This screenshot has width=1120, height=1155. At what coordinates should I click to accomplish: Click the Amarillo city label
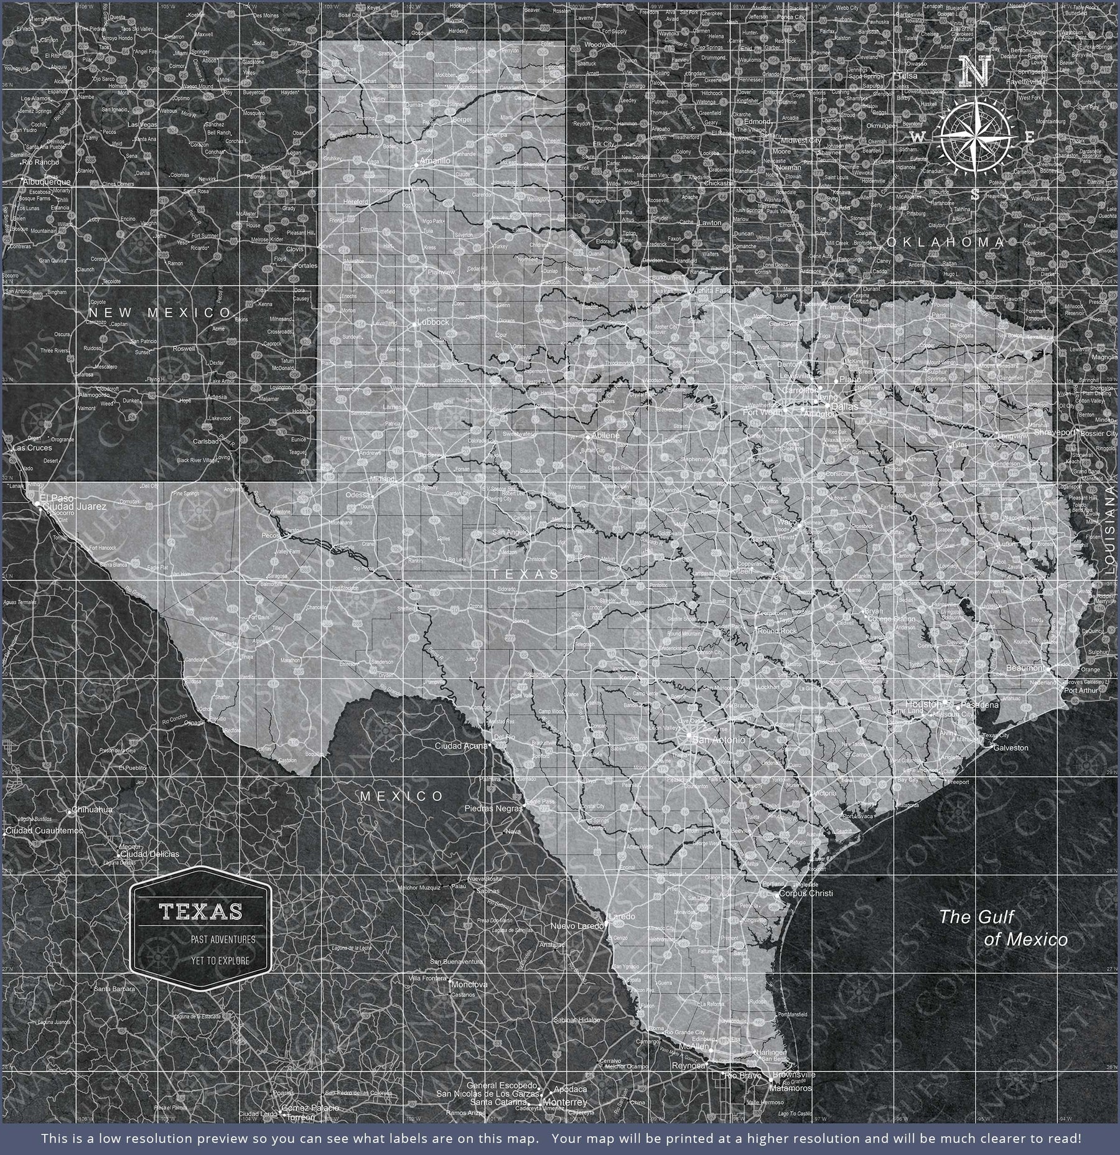point(435,161)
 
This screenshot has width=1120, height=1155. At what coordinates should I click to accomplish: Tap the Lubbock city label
point(434,322)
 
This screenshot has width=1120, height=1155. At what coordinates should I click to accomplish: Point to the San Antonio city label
point(718,740)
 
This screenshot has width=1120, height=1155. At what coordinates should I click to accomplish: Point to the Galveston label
point(1011,748)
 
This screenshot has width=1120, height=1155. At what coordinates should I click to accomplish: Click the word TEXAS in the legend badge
point(201,912)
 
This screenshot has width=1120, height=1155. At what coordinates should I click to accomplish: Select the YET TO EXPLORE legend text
point(220,960)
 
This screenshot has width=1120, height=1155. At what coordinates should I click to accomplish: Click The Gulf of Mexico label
point(1003,927)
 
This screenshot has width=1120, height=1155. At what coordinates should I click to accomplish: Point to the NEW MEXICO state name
point(159,312)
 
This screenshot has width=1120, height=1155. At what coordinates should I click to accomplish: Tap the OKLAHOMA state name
point(946,241)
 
